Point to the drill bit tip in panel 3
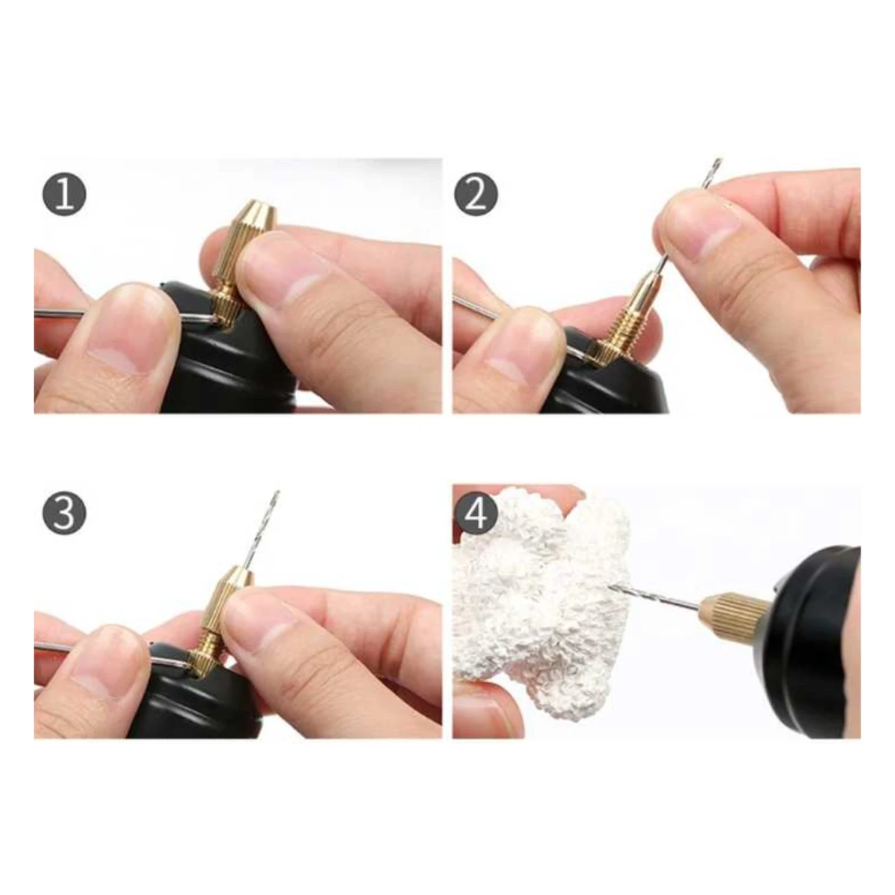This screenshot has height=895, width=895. pyautogui.click(x=277, y=493)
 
